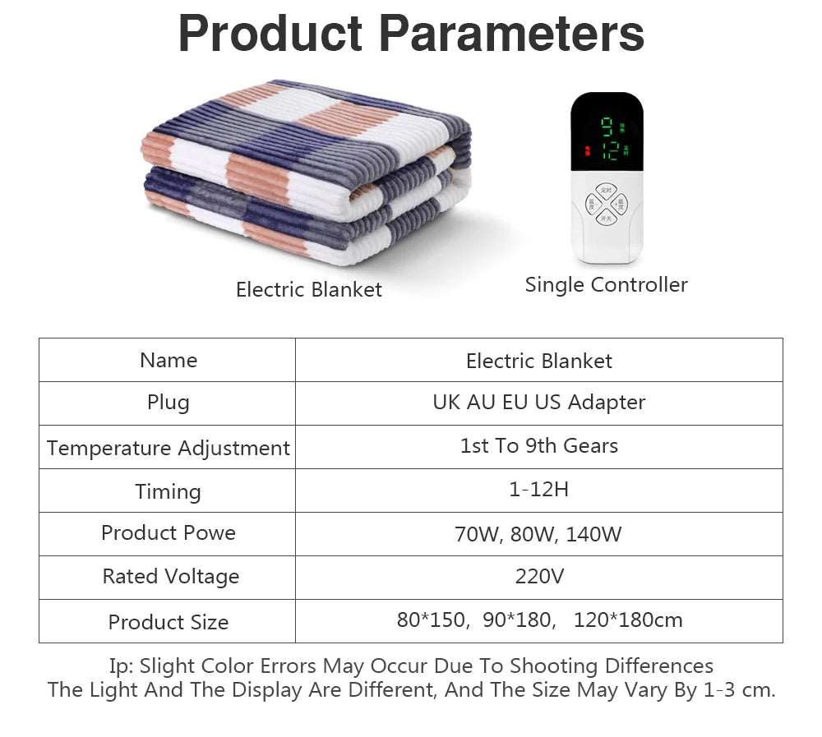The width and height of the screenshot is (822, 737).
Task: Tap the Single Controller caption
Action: [x=606, y=285]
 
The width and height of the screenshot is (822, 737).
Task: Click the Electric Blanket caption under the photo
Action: [x=308, y=289]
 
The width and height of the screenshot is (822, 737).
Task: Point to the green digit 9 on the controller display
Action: [x=607, y=126]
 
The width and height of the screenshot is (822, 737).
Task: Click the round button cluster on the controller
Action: [x=606, y=202]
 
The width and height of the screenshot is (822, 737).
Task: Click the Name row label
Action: [x=169, y=360]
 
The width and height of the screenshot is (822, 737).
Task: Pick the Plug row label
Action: [x=169, y=403]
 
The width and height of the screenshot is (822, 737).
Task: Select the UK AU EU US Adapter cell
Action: [x=538, y=403]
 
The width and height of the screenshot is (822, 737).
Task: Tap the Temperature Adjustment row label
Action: [x=169, y=448]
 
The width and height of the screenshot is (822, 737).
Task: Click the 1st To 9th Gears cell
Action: [x=538, y=446]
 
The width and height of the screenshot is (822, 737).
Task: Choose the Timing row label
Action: [x=169, y=491]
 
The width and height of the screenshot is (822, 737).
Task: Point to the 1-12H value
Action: [x=538, y=490]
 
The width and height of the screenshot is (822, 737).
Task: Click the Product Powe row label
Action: [x=169, y=532]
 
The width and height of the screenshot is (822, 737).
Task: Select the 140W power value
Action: [x=593, y=534]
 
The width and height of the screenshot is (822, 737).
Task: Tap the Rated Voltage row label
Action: [x=170, y=577]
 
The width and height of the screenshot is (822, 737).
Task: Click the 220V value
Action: [x=539, y=577]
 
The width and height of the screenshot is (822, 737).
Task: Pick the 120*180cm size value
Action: [x=627, y=620]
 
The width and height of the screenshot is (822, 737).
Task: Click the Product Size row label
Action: [x=169, y=622]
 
